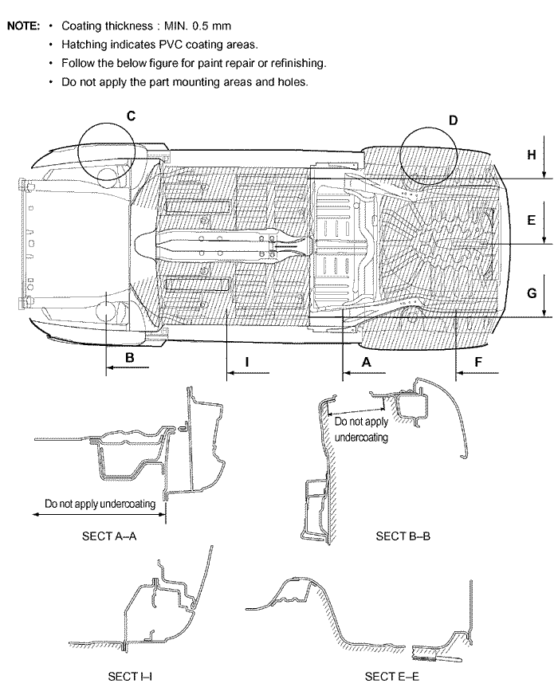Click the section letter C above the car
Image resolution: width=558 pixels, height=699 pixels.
[x=131, y=116]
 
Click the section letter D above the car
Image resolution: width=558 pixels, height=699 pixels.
[x=453, y=120]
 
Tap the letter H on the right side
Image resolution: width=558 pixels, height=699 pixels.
[x=531, y=155]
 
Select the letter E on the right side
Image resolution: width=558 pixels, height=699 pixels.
[x=531, y=220]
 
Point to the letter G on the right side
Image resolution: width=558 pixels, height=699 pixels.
[x=532, y=293]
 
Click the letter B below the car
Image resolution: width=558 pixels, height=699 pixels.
[x=130, y=358]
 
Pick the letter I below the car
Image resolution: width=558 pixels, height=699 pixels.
[x=247, y=362]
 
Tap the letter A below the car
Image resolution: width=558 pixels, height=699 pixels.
[x=366, y=362]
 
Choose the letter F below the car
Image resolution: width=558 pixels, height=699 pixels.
[x=478, y=362]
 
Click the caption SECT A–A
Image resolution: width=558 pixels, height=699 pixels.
[x=109, y=536]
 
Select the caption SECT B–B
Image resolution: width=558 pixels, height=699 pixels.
[x=403, y=536]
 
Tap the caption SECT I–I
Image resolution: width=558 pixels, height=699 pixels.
[x=130, y=676]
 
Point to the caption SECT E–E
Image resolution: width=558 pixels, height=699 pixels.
[x=391, y=676]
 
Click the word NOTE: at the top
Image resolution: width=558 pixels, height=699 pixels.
[x=24, y=26]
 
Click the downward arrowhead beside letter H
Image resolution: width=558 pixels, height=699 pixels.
[x=544, y=174]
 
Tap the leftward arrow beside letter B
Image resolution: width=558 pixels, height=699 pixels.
[x=127, y=367]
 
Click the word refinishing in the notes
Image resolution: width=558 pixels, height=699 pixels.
[x=297, y=63]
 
